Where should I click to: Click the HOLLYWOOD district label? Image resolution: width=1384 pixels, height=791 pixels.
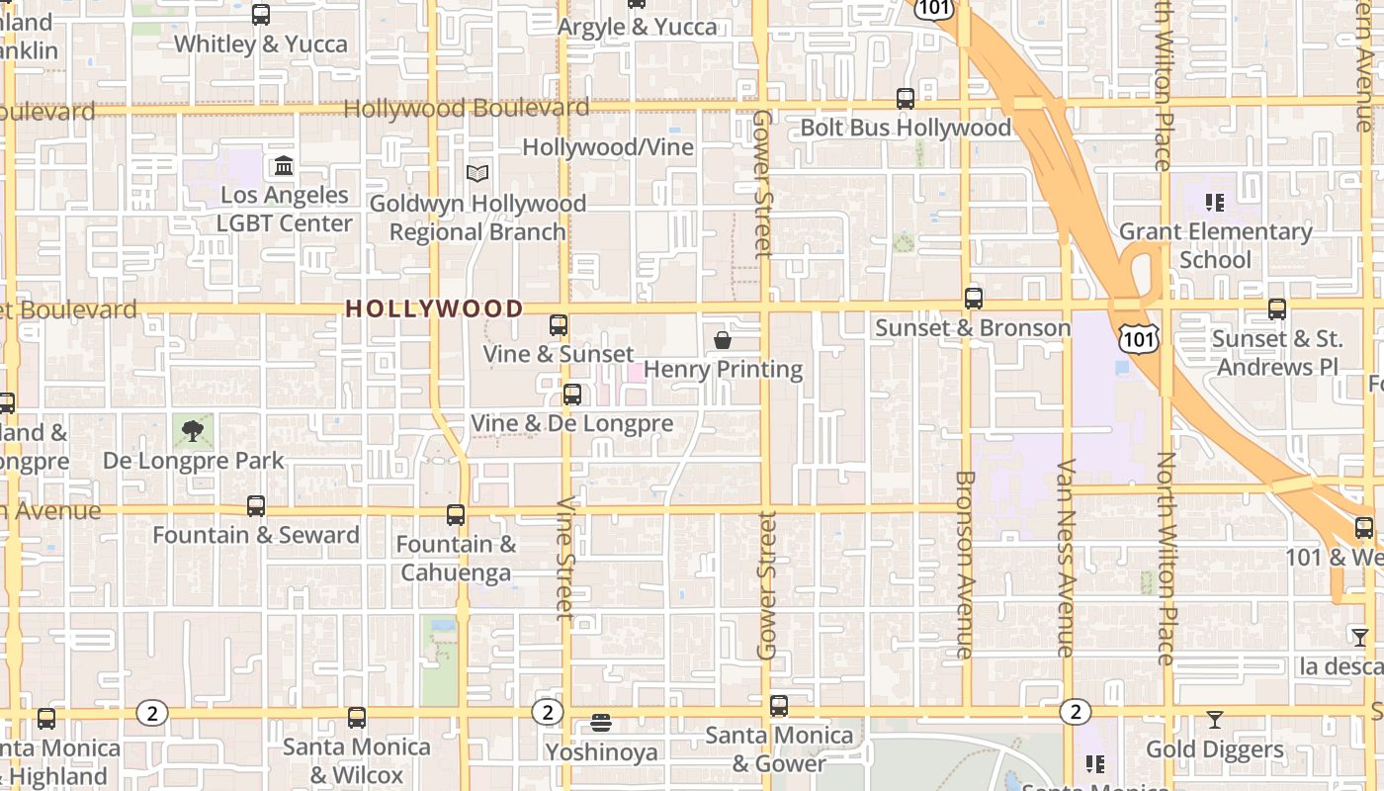point(434,308)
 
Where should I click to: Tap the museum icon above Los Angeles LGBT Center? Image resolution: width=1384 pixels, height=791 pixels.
point(284,165)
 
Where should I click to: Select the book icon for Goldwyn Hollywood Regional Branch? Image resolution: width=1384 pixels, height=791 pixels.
point(477,174)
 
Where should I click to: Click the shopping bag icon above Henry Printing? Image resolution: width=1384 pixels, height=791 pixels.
point(723,341)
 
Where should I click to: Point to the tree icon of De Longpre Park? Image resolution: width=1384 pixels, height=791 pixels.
point(193,430)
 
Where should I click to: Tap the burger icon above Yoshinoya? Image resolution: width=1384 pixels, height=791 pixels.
point(601,723)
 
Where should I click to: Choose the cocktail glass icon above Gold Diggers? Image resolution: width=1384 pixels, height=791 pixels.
point(1215,720)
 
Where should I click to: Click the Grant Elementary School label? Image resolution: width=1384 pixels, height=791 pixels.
point(1215,245)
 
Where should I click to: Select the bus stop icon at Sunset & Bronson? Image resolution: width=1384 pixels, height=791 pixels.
point(974,299)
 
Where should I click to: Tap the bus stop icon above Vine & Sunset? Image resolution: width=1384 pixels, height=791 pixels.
point(559,325)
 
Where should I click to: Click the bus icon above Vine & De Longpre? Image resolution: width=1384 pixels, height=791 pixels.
point(571,395)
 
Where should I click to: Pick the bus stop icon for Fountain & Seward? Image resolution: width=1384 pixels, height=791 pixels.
point(256,506)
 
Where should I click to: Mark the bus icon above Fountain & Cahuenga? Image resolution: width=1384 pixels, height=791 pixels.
point(456,515)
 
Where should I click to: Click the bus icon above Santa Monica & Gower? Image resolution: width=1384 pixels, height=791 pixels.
point(779,706)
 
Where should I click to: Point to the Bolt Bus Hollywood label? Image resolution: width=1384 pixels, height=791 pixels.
point(906,128)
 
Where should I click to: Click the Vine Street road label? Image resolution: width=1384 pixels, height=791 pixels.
point(565,558)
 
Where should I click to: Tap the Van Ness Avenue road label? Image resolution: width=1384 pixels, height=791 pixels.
point(1066,559)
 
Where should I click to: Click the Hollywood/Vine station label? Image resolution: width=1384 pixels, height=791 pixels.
point(608,147)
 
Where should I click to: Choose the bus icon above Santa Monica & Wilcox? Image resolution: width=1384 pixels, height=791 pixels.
point(357,718)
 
